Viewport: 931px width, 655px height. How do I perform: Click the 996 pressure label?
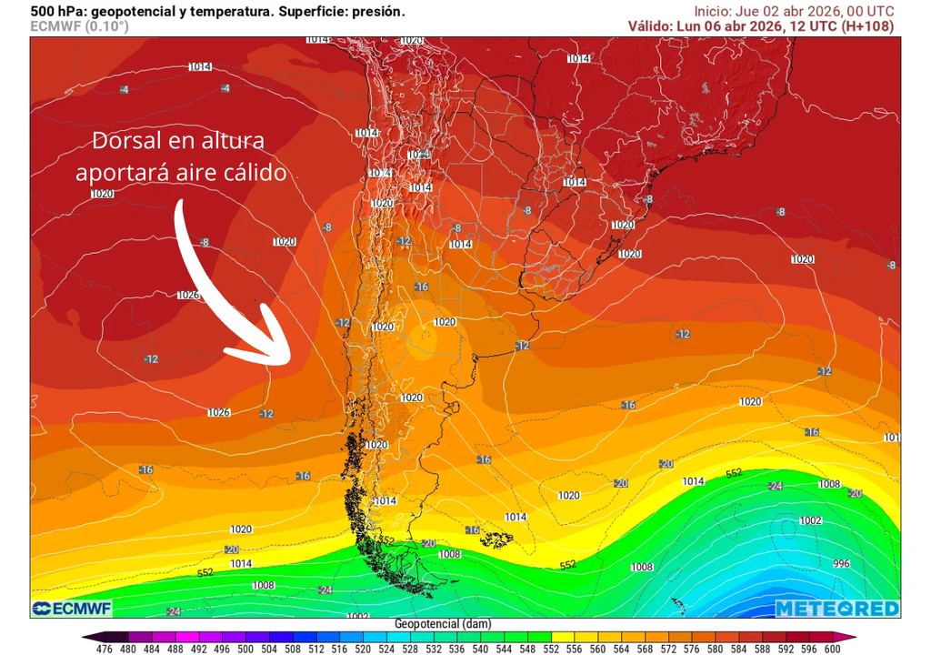(x=841, y=564)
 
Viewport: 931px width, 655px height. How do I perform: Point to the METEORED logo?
(x=837, y=609)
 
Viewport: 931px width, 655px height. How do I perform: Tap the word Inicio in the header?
(x=714, y=11)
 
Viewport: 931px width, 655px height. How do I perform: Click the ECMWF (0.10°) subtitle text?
(x=79, y=26)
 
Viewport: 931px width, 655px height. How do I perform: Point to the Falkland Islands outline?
(x=496, y=539)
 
